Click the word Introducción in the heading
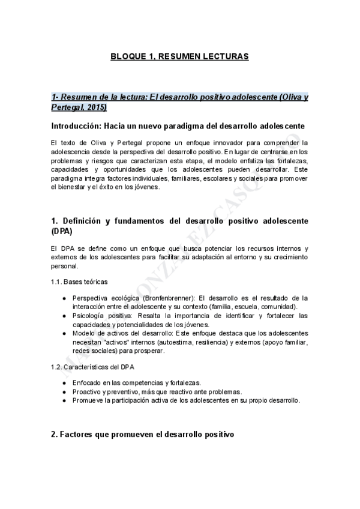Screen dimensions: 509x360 coord(76,127)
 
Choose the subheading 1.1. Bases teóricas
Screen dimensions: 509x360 coord(79,282)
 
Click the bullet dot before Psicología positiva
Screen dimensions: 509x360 coord(65,315)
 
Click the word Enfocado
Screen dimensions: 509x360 coord(87,382)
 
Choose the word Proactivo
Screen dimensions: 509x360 coord(88,391)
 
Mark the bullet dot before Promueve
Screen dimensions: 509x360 coord(65,400)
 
